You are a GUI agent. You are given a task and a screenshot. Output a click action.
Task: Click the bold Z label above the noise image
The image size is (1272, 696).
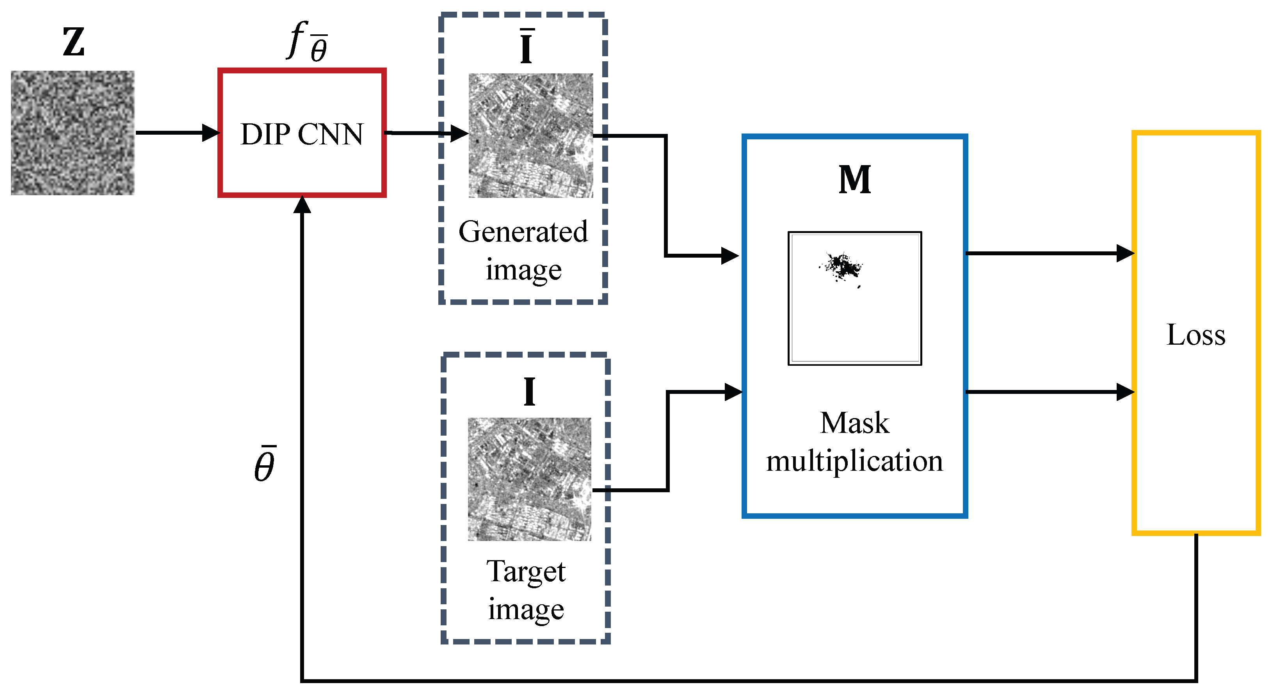click(x=74, y=43)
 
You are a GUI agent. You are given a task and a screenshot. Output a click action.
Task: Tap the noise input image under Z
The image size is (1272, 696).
click(x=73, y=132)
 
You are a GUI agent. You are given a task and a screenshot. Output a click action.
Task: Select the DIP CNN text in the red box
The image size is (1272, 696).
click(x=302, y=134)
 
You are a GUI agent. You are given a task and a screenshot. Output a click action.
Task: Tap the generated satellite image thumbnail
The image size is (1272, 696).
click(x=530, y=135)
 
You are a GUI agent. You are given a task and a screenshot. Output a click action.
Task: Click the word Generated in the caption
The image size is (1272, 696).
click(x=523, y=231)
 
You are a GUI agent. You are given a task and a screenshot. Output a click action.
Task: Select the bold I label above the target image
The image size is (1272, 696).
click(x=529, y=392)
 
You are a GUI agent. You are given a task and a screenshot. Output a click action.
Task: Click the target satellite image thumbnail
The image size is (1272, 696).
click(x=529, y=479)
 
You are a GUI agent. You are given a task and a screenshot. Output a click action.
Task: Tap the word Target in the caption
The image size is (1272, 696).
click(x=526, y=571)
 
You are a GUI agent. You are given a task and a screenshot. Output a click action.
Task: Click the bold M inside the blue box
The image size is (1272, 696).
click(x=854, y=180)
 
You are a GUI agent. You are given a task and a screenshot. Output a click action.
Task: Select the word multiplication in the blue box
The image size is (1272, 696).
click(x=854, y=461)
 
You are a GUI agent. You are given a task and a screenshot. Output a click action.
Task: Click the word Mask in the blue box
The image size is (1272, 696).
click(x=854, y=423)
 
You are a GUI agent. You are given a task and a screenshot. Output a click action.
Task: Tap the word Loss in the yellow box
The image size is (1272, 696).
click(x=1196, y=335)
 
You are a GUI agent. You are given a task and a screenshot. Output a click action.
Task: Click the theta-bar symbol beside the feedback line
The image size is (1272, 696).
click(x=265, y=465)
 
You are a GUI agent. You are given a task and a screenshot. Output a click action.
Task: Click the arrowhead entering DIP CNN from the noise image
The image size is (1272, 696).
click(x=211, y=132)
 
